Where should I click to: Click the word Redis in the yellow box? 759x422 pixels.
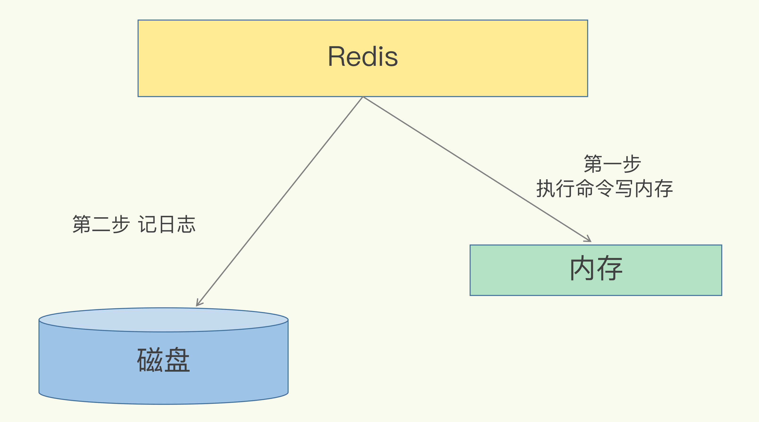pos(363,57)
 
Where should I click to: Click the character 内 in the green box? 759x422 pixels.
pos(582,268)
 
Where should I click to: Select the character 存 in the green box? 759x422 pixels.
pos(610,268)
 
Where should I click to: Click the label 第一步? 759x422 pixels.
pos(612,164)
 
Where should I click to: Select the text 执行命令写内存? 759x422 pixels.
pos(604,189)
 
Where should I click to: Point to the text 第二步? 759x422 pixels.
pos(101,224)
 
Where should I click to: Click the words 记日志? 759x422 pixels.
pos(167,224)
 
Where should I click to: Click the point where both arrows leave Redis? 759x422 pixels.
pos(363,97)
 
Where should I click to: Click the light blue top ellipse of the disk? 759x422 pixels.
pos(163,320)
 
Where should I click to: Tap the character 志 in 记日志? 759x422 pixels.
pos(186,224)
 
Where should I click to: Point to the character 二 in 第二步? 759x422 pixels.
pos(101,225)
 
